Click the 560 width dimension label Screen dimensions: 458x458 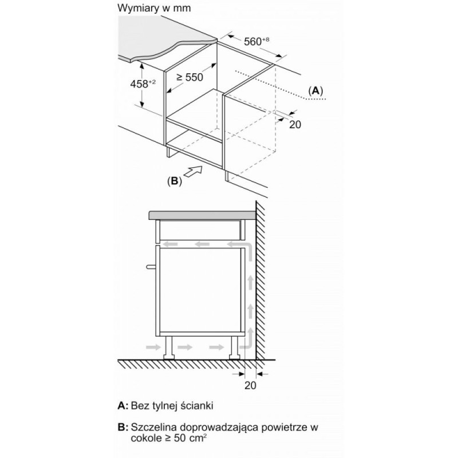[x=256, y=41]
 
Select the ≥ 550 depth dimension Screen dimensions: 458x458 [x=189, y=77]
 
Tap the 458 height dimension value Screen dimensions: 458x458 [x=143, y=84]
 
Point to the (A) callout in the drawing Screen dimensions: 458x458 [x=316, y=91]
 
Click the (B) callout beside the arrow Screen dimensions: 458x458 [x=175, y=181]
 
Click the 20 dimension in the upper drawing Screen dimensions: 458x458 [x=295, y=124]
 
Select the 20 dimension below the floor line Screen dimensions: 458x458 [x=250, y=385]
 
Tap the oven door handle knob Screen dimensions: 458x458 [x=151, y=266]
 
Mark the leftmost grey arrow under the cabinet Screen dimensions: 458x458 [x=153, y=347]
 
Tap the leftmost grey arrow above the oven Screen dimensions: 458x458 [x=170, y=244]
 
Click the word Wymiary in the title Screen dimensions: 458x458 [x=137, y=9]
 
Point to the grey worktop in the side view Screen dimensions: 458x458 [x=202, y=215]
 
